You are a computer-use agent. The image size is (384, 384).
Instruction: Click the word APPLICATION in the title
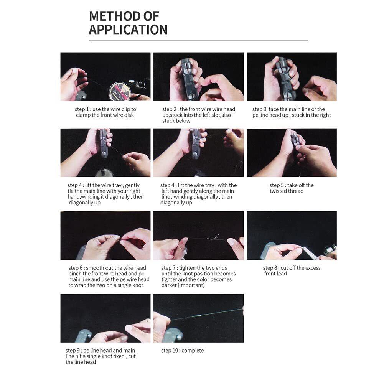click(128, 30)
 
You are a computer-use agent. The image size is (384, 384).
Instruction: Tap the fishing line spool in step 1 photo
click(120, 91)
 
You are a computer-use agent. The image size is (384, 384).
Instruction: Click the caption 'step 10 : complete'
click(183, 351)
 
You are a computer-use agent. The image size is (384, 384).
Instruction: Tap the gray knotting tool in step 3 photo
click(285, 78)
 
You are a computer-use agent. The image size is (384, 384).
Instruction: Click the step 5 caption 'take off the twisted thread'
click(292, 188)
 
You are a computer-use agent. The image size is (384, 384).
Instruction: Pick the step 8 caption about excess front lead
click(292, 270)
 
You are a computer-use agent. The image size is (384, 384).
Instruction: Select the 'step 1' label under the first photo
click(82, 109)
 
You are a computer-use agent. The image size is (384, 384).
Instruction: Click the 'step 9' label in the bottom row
click(72, 351)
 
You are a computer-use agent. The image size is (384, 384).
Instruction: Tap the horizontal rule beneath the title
click(198, 41)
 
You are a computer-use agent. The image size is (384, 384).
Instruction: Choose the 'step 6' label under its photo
click(76, 268)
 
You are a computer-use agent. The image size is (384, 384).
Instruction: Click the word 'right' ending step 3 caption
click(325, 115)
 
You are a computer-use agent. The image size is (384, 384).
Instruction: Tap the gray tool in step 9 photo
click(84, 336)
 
